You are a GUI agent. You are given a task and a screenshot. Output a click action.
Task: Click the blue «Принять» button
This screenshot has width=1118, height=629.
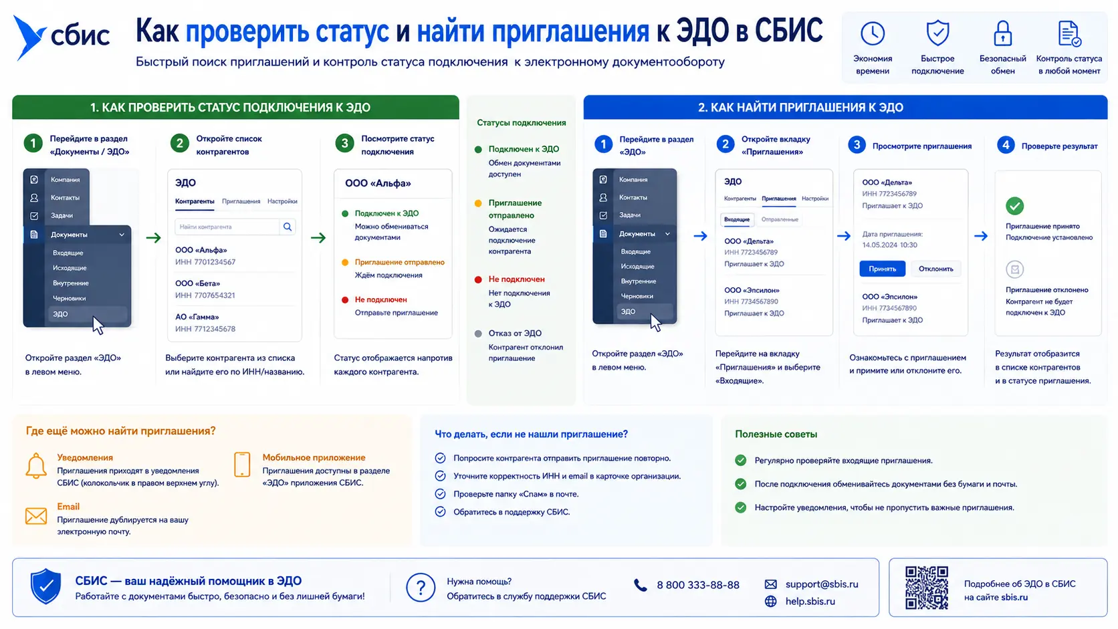[882, 269]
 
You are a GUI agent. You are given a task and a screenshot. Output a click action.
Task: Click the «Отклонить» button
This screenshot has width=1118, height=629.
[936, 269]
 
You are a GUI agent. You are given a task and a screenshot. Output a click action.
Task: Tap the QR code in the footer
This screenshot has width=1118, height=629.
[927, 588]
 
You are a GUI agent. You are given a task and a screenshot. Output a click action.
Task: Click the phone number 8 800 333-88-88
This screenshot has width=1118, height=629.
[698, 585]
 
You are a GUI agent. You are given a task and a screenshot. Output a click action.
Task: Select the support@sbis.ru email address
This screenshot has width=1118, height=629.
[822, 584]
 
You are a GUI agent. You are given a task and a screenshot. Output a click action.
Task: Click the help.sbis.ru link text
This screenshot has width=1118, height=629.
[810, 602]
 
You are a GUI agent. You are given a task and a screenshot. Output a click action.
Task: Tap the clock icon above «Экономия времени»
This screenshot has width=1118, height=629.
[873, 33]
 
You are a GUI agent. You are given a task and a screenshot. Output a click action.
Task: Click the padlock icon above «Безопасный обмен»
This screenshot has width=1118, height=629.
[1003, 33]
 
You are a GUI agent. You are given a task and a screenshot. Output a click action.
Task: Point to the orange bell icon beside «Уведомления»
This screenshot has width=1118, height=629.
[36, 466]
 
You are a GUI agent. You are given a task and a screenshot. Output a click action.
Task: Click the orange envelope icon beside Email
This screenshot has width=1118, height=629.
[36, 516]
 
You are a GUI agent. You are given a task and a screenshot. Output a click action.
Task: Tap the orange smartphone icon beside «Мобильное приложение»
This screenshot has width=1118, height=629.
[242, 465]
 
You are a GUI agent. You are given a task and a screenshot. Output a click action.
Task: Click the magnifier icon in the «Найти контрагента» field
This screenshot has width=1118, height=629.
[288, 227]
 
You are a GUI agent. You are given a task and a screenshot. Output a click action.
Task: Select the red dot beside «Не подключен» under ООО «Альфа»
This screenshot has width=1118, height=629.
[345, 299]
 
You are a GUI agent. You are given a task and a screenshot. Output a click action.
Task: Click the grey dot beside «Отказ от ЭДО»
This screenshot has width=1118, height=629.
[478, 334]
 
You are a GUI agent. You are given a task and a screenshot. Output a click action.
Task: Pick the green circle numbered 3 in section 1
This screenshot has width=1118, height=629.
[344, 144]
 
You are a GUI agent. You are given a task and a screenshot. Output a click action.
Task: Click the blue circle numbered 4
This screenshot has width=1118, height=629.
[1006, 145]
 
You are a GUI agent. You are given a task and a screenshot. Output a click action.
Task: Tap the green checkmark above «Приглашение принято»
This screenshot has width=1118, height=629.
[1014, 206]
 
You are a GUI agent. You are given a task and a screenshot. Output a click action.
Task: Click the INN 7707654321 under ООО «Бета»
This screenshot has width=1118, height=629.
[205, 295]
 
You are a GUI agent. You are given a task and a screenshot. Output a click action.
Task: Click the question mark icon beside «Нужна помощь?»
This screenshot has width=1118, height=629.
[420, 588]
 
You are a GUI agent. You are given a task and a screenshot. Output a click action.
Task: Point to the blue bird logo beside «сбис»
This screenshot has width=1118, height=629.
[28, 37]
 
